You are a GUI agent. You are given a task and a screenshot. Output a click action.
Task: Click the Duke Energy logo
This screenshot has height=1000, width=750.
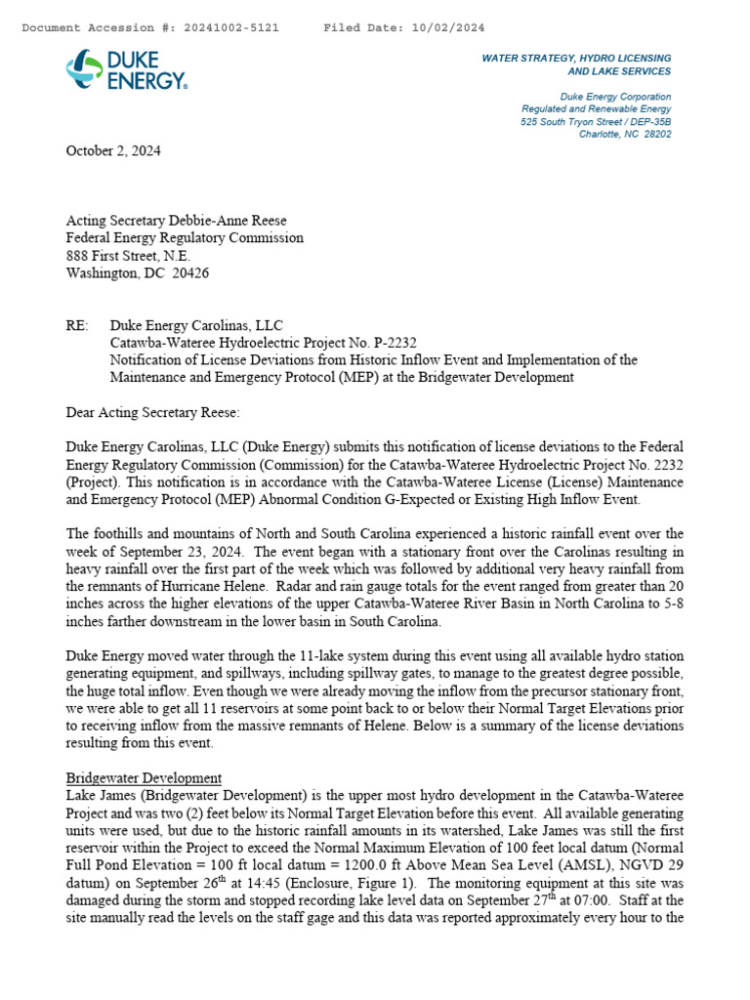(x=127, y=70)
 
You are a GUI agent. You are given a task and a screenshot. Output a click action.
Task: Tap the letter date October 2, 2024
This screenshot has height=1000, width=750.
(x=113, y=151)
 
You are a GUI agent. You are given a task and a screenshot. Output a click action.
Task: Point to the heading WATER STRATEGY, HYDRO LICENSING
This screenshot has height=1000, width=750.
(x=576, y=59)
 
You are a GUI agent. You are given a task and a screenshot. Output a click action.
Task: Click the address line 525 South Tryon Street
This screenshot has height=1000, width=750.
(x=596, y=122)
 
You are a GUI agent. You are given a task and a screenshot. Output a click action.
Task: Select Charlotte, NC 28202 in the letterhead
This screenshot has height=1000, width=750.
(x=625, y=135)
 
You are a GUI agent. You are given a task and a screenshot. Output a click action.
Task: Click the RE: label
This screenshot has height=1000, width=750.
(x=77, y=325)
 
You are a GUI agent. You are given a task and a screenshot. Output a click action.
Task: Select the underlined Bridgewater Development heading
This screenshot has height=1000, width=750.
(x=144, y=778)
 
